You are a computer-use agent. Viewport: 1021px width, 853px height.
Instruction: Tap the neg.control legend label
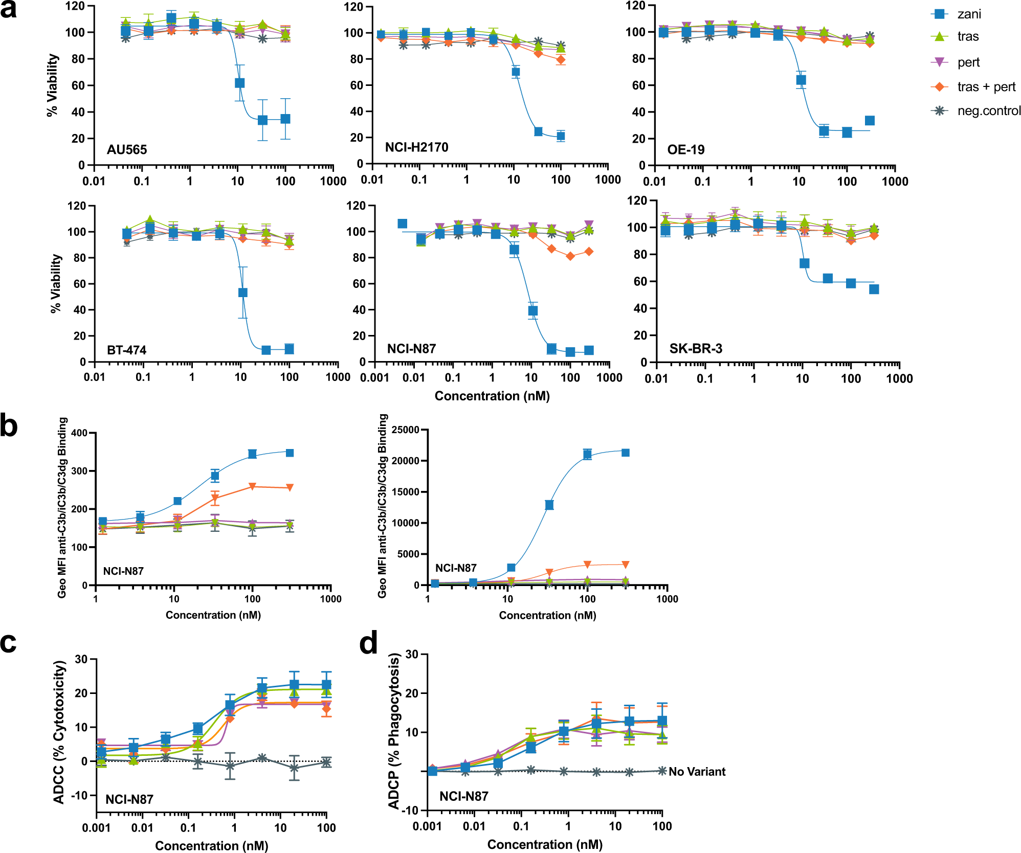click(988, 111)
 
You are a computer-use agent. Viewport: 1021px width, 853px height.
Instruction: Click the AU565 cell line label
click(127, 150)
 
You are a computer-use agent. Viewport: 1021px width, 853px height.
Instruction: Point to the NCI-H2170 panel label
click(416, 147)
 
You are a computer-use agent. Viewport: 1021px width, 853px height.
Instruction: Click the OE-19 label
click(685, 150)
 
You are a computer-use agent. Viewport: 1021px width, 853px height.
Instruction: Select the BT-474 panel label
click(126, 350)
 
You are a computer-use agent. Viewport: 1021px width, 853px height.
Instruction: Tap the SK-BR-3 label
click(696, 349)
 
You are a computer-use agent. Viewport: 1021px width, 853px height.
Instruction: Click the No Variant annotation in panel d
click(697, 772)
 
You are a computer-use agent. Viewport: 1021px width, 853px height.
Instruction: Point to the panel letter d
click(368, 643)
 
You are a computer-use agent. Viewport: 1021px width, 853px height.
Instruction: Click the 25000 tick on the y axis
click(404, 430)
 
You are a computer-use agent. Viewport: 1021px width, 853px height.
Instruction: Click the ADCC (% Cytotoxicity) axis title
click(59, 732)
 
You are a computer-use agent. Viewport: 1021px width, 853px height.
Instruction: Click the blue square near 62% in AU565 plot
click(239, 83)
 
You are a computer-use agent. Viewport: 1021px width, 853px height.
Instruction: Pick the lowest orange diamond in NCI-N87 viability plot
click(570, 256)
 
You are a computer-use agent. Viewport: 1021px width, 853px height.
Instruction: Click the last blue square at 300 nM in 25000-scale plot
click(625, 453)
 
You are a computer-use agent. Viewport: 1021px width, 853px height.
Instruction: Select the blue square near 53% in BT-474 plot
click(243, 293)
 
